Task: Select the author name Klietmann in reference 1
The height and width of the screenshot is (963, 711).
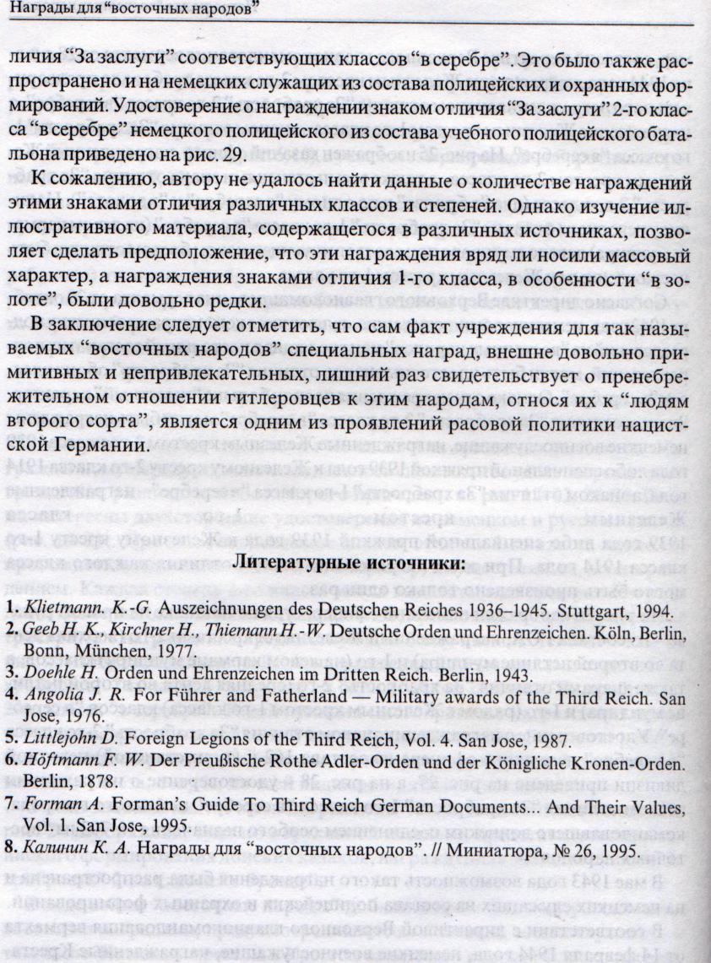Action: click(56, 609)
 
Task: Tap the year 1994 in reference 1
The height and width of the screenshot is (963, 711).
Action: click(629, 609)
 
